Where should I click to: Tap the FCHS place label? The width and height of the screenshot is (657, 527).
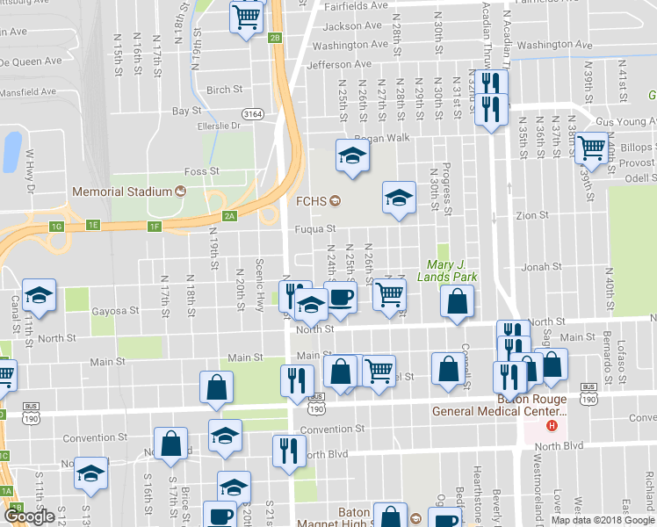click(x=311, y=201)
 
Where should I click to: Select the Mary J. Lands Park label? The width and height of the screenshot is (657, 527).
click(x=451, y=271)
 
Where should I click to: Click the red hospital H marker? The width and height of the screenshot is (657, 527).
click(x=552, y=426)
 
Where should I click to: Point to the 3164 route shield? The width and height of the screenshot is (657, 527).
click(x=254, y=113)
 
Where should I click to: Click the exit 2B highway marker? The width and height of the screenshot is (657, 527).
click(x=276, y=38)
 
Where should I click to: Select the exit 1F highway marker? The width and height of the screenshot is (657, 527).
click(x=155, y=227)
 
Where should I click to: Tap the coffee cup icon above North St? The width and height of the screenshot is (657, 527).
click(x=341, y=297)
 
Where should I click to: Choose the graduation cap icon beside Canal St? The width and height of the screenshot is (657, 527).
click(x=40, y=296)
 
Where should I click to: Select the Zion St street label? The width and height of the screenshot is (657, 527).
click(x=532, y=214)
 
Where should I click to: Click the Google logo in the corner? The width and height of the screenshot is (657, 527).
click(x=31, y=516)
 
